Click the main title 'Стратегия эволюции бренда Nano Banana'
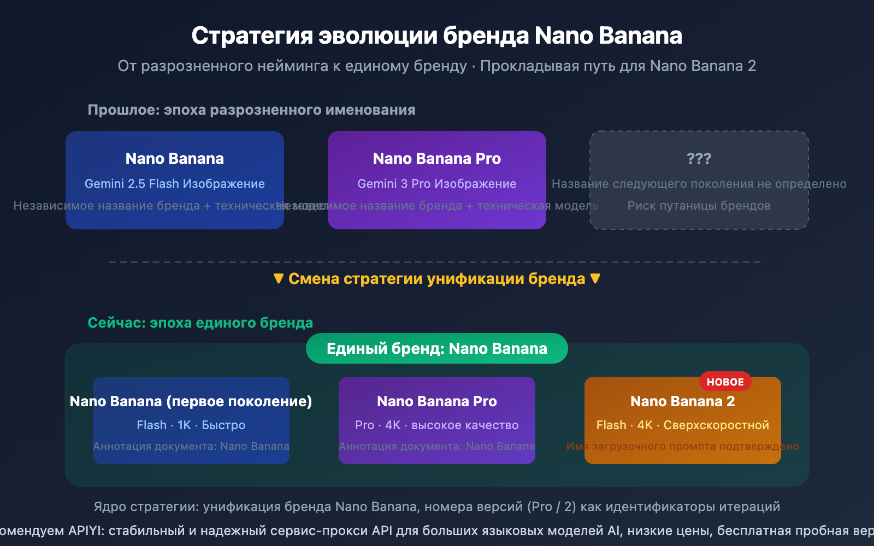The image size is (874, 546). [x=436, y=36]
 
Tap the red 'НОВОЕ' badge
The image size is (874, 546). [x=725, y=382]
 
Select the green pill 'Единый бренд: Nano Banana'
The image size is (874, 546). [x=436, y=348]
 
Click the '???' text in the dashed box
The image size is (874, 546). [x=699, y=158]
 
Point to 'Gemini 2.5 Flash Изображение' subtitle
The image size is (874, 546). [x=174, y=184]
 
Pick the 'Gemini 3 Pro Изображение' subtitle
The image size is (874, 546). [x=436, y=184]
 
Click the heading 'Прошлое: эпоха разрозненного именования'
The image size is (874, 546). [x=251, y=110]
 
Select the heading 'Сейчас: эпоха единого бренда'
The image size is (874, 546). [x=200, y=323]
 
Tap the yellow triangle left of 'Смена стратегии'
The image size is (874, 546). [x=279, y=278]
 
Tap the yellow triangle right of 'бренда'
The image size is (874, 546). [x=595, y=278]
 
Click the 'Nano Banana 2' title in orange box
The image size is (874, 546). [x=682, y=401]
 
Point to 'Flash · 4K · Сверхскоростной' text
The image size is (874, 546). [x=682, y=425]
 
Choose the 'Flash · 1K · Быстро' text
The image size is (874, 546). [x=191, y=425]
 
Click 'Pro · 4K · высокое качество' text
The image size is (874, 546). [x=436, y=425]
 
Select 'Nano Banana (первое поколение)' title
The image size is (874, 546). [x=191, y=401]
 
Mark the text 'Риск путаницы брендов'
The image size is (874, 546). [x=699, y=206]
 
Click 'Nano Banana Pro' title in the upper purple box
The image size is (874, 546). [x=436, y=158]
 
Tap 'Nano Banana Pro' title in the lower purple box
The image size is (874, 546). [x=436, y=401]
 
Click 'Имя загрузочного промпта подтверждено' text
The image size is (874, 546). [x=682, y=447]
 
